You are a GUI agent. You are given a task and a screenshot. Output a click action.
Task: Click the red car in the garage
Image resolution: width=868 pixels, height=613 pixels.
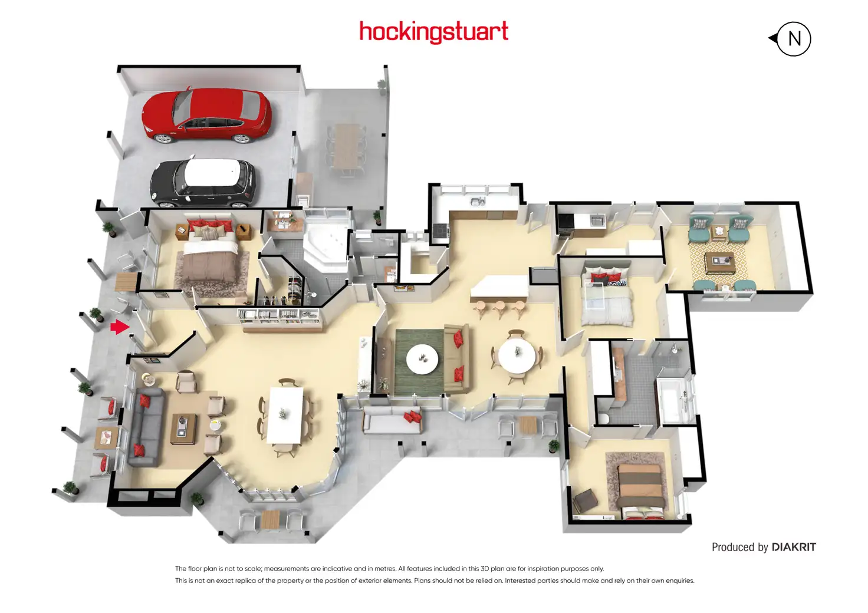206,115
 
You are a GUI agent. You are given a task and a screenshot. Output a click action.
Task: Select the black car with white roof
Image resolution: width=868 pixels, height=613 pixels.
203,183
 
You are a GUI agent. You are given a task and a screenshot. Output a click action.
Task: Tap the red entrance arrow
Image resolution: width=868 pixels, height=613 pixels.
120,326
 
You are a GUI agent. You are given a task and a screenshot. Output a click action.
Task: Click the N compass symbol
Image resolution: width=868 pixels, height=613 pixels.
793,39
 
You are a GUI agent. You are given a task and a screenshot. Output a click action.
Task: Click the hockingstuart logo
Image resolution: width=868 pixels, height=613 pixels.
433,32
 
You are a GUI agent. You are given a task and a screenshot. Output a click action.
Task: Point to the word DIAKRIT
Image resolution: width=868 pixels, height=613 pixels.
794,547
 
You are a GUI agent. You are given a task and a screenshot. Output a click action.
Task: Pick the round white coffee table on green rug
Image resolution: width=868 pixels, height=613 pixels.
422,358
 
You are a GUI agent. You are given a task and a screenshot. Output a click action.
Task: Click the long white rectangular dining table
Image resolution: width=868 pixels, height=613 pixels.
285,414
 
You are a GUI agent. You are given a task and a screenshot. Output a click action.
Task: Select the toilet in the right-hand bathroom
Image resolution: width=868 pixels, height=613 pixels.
602,418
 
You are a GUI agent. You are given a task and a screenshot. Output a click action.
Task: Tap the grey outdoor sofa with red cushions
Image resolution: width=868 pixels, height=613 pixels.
392,420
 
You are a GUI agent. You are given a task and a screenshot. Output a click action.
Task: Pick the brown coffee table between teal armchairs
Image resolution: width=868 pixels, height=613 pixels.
719,262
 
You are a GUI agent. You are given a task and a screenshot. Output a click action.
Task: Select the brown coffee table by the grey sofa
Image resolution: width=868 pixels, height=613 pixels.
184,429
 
